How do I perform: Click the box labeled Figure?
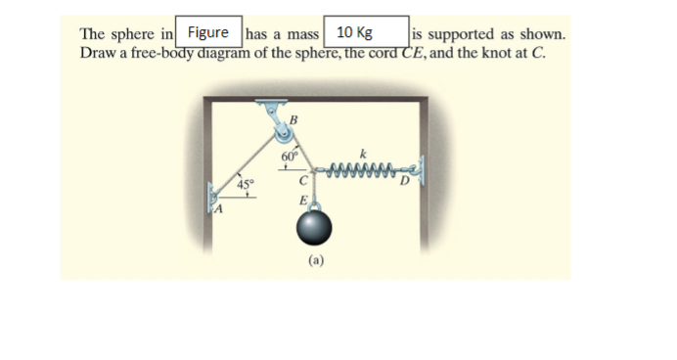coord(206,32)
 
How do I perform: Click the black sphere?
coord(315,229)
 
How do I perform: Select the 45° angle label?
coord(245,183)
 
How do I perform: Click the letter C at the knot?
coord(303,181)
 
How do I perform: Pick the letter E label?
coord(304,200)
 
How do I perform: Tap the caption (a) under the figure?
coord(316,260)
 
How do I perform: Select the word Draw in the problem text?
coord(96,52)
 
